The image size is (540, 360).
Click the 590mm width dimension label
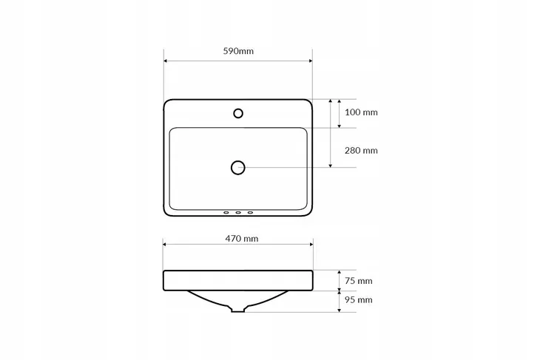pos(238,51)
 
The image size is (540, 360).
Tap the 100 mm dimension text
pos(361,112)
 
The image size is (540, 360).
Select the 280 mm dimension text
pos(361,150)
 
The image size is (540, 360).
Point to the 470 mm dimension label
pos(242,239)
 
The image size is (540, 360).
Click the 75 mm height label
pos(359,281)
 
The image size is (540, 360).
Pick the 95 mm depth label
pos(359,300)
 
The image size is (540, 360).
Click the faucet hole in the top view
pos(238,113)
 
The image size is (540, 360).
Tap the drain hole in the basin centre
pos(238,168)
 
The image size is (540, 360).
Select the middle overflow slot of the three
pos(238,213)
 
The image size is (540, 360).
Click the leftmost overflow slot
pos(226,213)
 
